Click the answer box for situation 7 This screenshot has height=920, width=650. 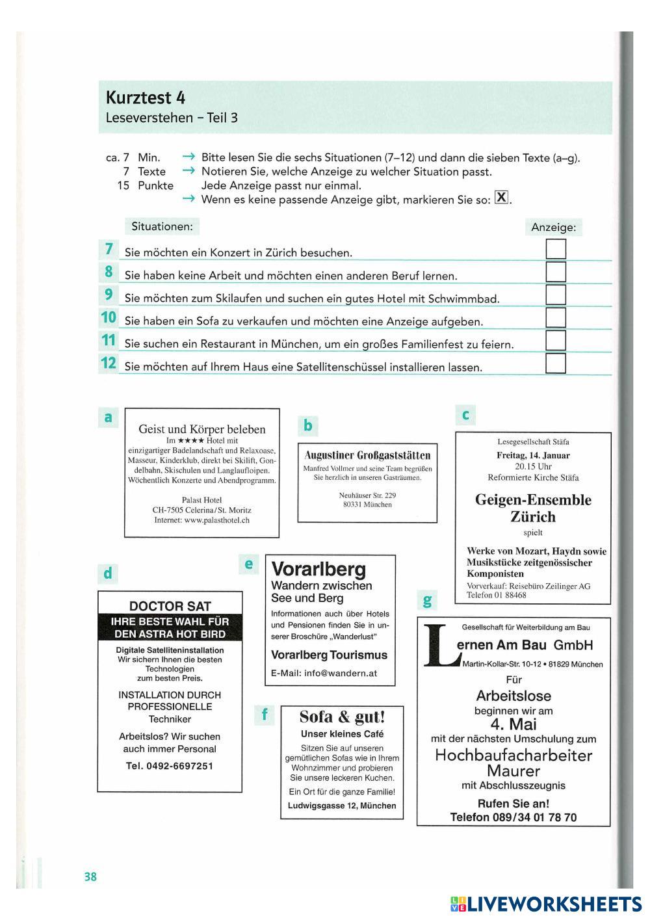[x=556, y=249]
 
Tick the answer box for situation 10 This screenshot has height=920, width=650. [x=556, y=318]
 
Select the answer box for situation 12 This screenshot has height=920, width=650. [x=556, y=363]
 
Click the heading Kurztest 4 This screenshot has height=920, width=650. [x=146, y=98]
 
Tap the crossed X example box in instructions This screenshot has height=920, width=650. [x=501, y=198]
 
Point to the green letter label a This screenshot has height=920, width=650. [x=109, y=417]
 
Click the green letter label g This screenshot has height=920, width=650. [x=427, y=599]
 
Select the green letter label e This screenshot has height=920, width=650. [x=248, y=564]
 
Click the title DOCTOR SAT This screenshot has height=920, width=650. [x=170, y=606]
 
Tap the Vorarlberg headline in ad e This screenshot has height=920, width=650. [x=318, y=570]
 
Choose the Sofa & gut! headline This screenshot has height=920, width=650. [x=342, y=717]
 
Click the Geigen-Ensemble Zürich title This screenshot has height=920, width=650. [x=533, y=508]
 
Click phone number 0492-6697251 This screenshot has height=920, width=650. [x=170, y=766]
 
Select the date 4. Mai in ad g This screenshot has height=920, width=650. [x=513, y=724]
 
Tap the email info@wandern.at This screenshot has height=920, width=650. [x=324, y=673]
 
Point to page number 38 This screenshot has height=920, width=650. [x=90, y=876]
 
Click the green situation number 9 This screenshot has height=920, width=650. [x=109, y=295]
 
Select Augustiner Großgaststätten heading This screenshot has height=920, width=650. [x=367, y=455]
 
